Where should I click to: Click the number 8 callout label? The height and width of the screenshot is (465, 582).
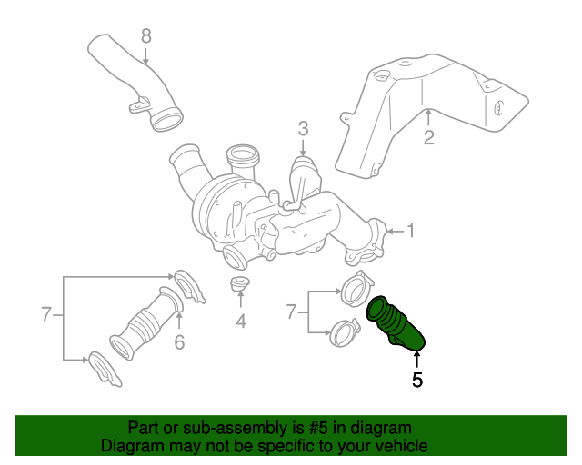[x=146, y=35]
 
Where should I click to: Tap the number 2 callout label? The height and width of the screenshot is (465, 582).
[x=428, y=138]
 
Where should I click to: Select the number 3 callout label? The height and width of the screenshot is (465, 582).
[x=304, y=128]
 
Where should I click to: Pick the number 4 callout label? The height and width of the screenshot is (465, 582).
[x=241, y=320]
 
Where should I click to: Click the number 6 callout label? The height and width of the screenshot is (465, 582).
[x=179, y=341]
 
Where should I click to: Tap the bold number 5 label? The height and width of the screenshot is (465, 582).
[x=417, y=380]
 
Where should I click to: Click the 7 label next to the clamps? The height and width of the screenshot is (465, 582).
[x=292, y=312]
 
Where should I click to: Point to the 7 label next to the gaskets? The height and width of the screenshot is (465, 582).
[x=46, y=315]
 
